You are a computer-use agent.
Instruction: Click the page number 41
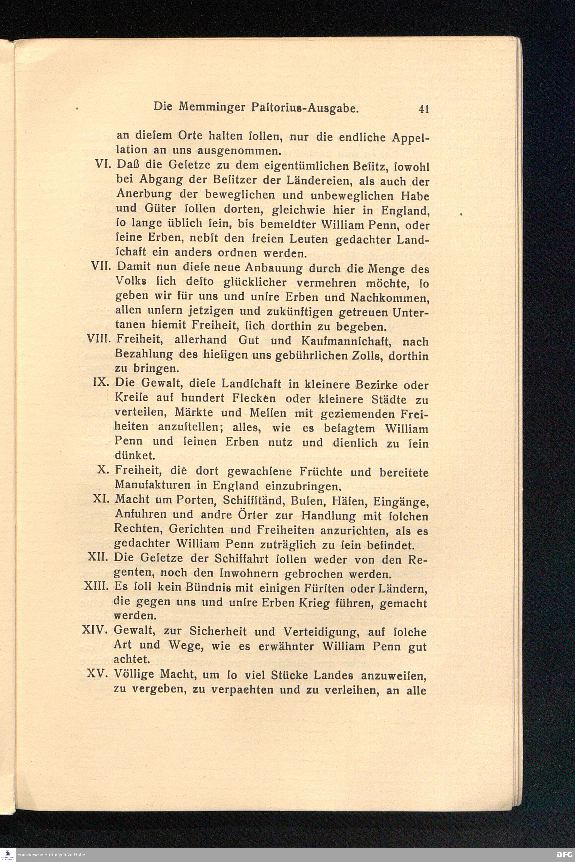(423, 109)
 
